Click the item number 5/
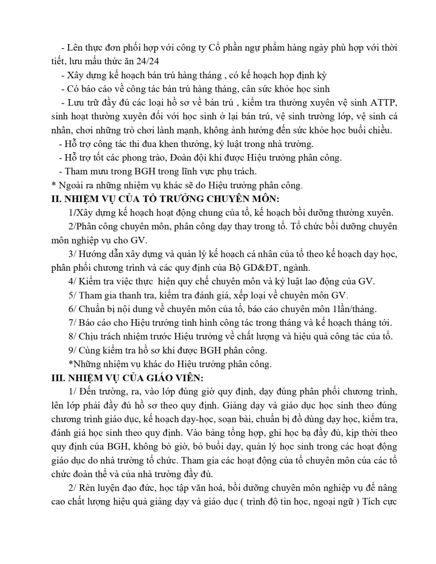73,295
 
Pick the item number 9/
73,350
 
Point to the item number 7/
73,323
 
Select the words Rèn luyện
98,488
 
